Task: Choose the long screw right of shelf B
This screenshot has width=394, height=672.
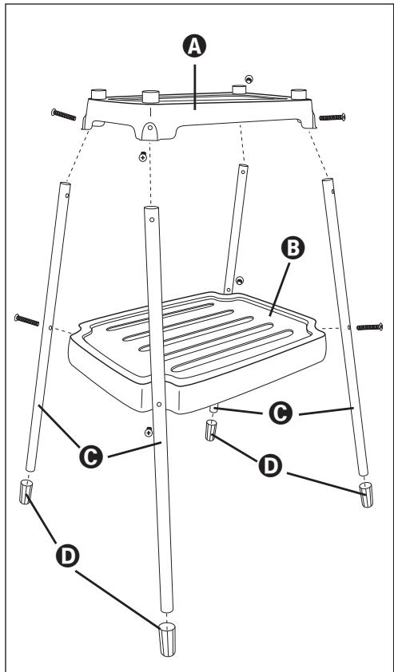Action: (368, 326)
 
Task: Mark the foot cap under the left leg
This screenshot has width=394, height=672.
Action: (26, 494)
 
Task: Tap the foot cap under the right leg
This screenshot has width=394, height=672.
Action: (365, 494)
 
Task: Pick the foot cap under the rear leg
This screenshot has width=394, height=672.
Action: (212, 431)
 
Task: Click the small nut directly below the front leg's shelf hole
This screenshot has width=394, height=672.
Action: (149, 432)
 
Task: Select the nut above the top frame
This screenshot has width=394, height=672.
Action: (250, 80)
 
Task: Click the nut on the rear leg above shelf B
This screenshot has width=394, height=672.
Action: (240, 280)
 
